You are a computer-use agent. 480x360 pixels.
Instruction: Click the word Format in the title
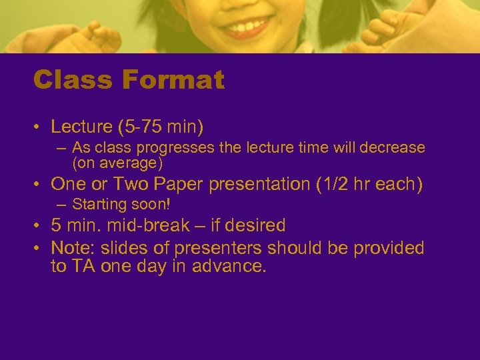click(x=173, y=81)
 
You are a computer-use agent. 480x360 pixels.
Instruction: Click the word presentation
click(x=265, y=183)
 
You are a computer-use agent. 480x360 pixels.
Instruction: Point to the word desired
click(x=256, y=225)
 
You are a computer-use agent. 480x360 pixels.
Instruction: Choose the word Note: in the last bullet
click(x=73, y=248)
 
